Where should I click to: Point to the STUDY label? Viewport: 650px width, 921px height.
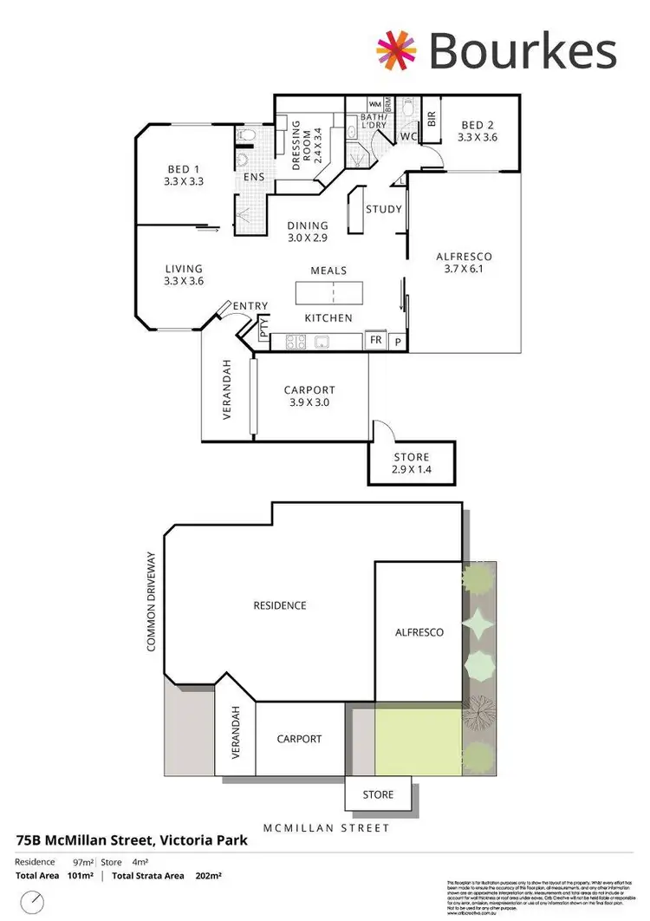[x=383, y=209]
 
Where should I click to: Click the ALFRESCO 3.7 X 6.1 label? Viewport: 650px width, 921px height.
[x=464, y=263]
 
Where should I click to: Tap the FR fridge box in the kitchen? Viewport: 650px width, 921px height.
[x=376, y=340]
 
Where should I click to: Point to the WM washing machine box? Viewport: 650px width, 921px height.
[x=374, y=103]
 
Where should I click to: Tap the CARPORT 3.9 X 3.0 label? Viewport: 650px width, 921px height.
[x=309, y=396]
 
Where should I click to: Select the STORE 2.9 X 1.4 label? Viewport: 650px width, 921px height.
[x=410, y=463]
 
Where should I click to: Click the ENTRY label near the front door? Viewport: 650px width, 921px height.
[x=250, y=305]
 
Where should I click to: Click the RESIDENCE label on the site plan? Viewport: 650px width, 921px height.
[x=280, y=605]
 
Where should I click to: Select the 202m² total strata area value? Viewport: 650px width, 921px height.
[x=209, y=877]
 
